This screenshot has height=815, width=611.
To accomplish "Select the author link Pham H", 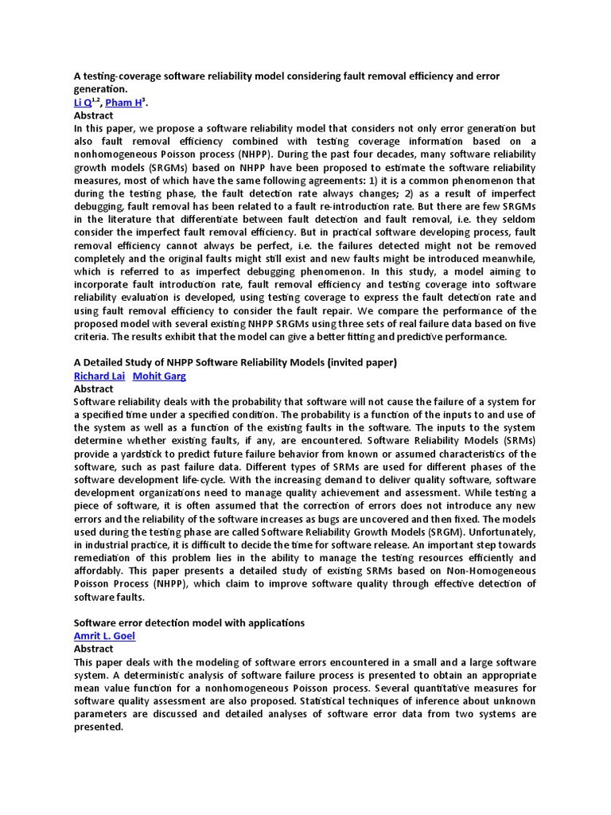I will point(125,103).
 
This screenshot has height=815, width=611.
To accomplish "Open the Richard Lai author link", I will point(99,376).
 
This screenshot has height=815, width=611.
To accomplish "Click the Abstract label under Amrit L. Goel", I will point(94,649).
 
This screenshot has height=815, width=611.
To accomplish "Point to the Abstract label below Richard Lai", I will point(94,389).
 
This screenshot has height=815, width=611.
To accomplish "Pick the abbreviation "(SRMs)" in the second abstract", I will point(514,441).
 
